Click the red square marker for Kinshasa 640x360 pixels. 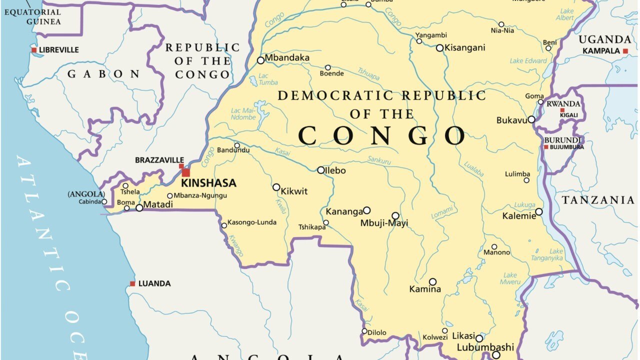click(x=185, y=172)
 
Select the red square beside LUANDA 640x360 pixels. click(x=132, y=283)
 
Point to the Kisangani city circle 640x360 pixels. click(x=439, y=48)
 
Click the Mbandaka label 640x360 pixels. click(x=287, y=58)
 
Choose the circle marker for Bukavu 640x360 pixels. click(x=531, y=119)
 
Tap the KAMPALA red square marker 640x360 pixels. click(x=625, y=51)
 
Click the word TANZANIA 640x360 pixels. click(x=598, y=200)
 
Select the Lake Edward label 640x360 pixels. click(x=528, y=61)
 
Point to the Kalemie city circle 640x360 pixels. click(x=538, y=212)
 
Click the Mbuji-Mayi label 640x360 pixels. click(x=384, y=223)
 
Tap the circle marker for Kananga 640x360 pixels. click(x=366, y=210)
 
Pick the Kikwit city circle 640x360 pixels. click(x=276, y=187)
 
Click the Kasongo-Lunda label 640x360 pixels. click(x=252, y=222)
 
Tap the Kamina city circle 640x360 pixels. click(x=432, y=282)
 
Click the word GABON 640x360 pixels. click(x=104, y=74)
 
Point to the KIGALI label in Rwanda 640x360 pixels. click(x=569, y=115)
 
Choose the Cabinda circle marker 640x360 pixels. click(x=104, y=202)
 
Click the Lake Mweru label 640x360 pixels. click(x=510, y=278)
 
